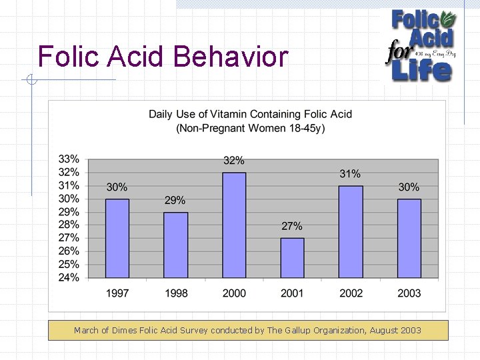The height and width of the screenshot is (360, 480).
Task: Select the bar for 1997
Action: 117,238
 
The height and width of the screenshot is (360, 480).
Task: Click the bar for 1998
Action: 175,245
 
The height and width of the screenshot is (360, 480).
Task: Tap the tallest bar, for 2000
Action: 234,225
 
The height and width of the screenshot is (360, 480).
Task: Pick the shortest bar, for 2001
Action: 292,257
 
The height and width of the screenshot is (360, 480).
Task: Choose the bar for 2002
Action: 351,231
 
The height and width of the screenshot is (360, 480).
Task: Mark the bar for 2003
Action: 409,238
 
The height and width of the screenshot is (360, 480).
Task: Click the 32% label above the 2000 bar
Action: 234,161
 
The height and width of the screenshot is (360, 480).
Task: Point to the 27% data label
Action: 292,226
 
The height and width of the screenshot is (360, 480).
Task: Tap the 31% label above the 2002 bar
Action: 351,174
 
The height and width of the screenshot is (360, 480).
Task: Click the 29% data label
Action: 175,200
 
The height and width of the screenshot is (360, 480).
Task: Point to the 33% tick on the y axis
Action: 69,159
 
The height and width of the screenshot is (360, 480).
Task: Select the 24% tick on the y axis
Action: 69,277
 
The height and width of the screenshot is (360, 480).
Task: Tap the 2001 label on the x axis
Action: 292,293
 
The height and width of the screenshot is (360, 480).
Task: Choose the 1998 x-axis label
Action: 175,293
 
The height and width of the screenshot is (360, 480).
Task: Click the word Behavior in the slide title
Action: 230,57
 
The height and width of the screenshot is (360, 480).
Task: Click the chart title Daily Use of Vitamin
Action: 250,115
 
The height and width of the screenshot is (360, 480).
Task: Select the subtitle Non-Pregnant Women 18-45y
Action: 250,128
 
